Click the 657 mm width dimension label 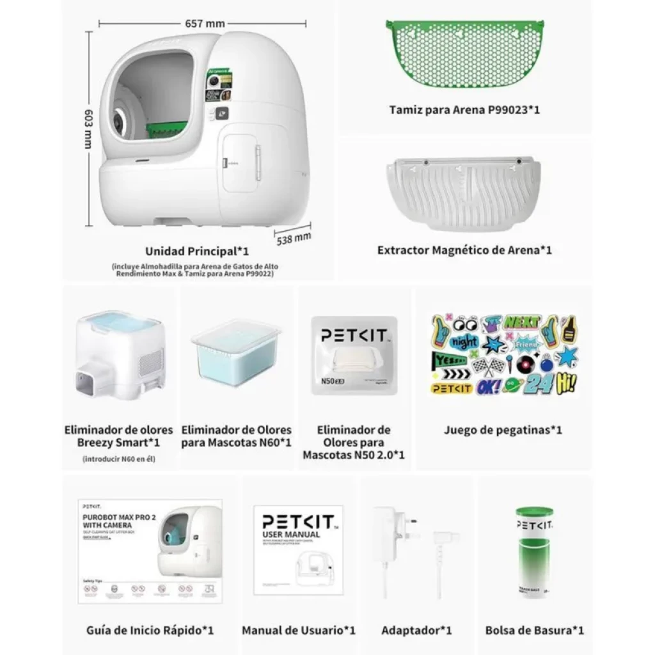(205, 24)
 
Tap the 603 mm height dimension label (89, 128)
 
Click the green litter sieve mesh (464, 54)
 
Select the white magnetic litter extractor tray (464, 192)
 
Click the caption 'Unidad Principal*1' (196, 251)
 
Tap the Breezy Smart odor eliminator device (119, 355)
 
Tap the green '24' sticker (536, 384)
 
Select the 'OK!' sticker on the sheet (490, 387)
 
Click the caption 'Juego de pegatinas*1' (503, 430)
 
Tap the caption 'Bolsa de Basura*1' (534, 630)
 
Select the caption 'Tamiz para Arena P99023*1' (464, 109)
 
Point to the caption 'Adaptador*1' (416, 630)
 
